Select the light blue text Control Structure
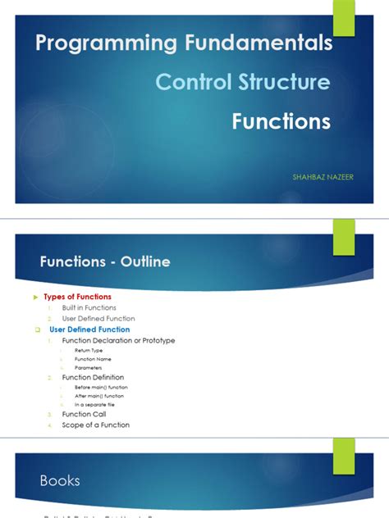[243, 82]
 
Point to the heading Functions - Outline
[105, 261]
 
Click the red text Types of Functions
[77, 297]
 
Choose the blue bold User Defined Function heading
[89, 329]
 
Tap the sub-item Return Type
[89, 350]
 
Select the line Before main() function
[101, 387]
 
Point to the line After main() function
[99, 396]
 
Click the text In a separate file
[94, 405]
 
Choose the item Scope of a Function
[95, 425]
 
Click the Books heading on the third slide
[60, 480]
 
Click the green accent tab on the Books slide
[343, 454]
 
